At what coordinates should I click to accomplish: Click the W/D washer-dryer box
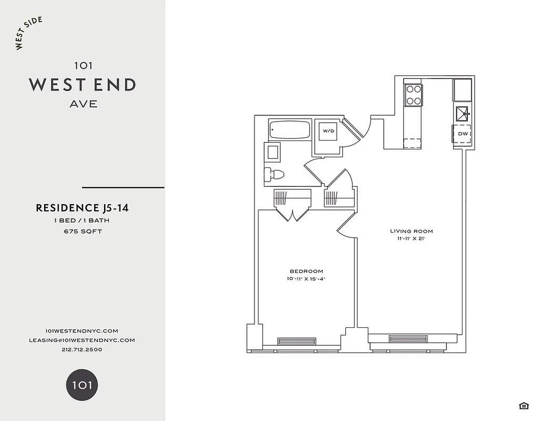click(x=329, y=131)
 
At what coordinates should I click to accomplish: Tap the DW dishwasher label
click(x=463, y=134)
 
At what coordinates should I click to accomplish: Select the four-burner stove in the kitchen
click(x=413, y=95)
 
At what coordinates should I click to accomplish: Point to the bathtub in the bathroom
click(x=290, y=129)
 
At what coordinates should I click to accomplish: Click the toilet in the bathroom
click(x=274, y=174)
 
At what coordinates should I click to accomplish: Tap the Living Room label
click(x=411, y=231)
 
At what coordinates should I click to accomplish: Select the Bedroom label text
click(x=306, y=271)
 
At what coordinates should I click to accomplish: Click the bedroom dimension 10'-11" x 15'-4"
click(x=306, y=279)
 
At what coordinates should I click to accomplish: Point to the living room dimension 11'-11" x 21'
click(x=411, y=239)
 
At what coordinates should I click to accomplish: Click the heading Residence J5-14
click(x=82, y=208)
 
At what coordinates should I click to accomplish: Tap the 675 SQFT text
click(x=83, y=231)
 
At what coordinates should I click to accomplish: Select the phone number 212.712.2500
click(x=82, y=349)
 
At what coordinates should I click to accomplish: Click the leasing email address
click(x=82, y=340)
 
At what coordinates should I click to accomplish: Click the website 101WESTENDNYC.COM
click(x=82, y=330)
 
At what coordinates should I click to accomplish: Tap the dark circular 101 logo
click(x=82, y=385)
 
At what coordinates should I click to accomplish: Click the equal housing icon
click(x=524, y=405)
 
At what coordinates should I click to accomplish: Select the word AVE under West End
click(x=83, y=104)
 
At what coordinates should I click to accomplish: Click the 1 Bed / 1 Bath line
click(x=82, y=220)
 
